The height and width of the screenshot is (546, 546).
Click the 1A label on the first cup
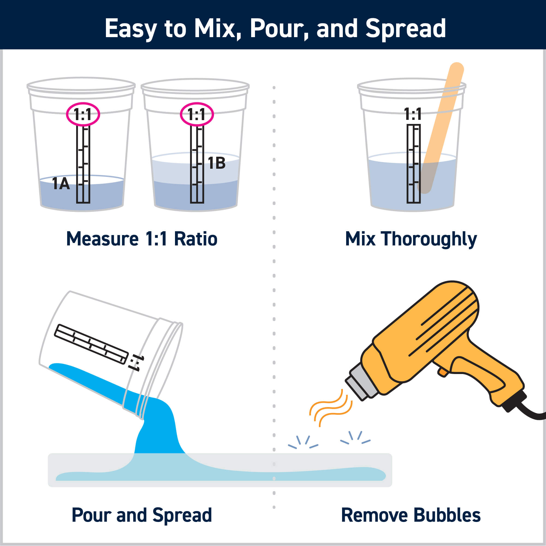[x=61, y=184]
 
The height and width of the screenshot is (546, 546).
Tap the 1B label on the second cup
[x=217, y=163]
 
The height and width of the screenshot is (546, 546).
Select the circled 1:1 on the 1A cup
[x=83, y=114]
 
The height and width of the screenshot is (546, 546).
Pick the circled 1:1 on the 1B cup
[x=197, y=114]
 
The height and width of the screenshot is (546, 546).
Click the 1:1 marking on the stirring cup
[x=413, y=114]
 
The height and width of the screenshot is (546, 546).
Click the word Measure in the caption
[x=103, y=239]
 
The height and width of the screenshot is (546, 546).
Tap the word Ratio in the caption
[x=195, y=239]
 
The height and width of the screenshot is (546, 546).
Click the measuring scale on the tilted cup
[x=91, y=344]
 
